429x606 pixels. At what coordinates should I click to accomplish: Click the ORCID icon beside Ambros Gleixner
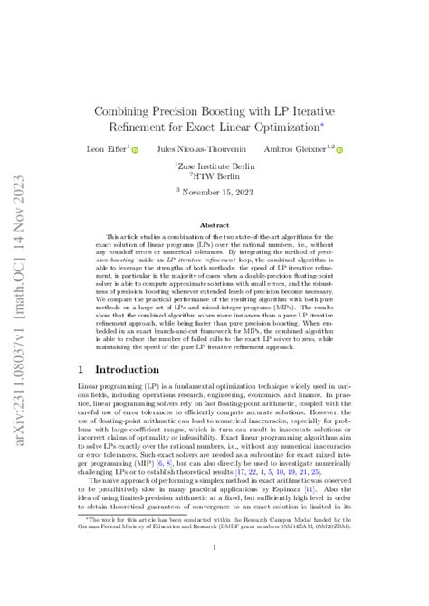coord(339,149)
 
